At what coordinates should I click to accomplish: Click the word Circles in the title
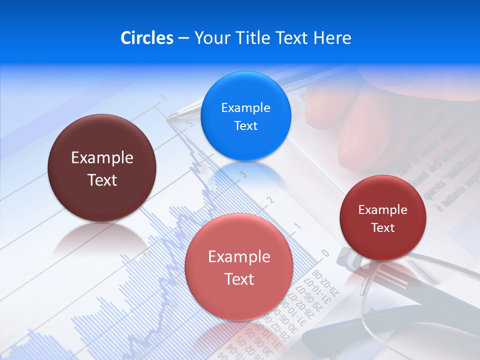146,38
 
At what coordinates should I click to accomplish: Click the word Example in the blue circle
245,108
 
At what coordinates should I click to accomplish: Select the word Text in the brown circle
102,180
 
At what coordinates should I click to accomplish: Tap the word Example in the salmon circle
239,257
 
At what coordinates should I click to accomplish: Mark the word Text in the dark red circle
383,228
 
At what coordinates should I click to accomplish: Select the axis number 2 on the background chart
271,200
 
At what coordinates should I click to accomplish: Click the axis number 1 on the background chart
298,226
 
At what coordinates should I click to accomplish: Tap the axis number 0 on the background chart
325,253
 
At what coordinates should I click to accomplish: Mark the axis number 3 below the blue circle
243,174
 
